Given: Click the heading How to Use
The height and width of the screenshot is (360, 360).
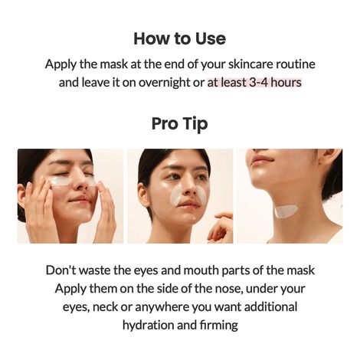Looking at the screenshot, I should pos(179,38).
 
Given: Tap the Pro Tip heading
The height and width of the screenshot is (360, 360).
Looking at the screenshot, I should pos(179,123).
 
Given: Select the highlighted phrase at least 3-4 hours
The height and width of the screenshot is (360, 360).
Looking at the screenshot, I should pos(254,82).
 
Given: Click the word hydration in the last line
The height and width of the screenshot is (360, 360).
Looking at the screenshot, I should pos(149,325).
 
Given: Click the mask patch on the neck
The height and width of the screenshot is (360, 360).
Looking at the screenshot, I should pos(285,211).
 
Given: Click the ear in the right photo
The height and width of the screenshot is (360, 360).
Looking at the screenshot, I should pos(329,159).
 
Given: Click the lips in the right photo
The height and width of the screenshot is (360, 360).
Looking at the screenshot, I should pos(260,160).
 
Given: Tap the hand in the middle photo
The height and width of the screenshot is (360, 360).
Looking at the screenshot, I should pos(221,227).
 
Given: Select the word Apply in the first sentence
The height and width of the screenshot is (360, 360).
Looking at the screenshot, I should pos(62,64).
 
